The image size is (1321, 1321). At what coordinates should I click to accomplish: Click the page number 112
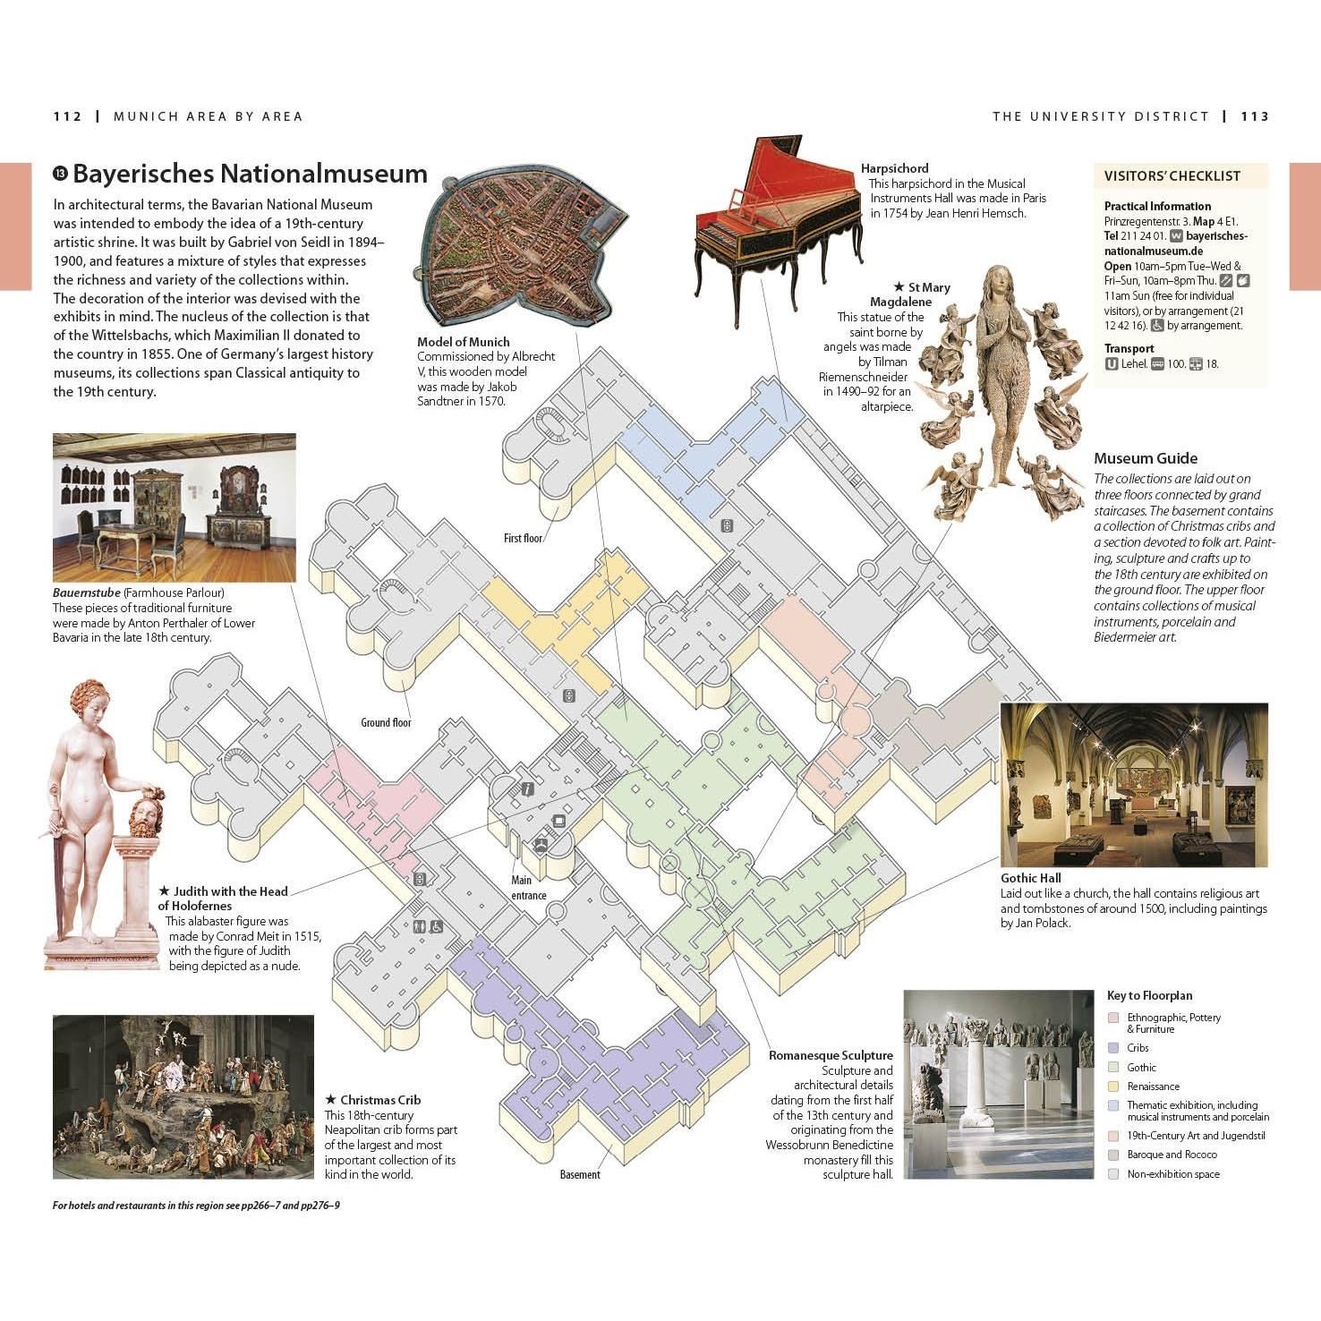(x=67, y=116)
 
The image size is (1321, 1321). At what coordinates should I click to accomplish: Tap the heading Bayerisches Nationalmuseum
(x=250, y=174)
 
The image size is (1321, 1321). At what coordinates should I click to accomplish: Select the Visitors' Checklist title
(x=1172, y=176)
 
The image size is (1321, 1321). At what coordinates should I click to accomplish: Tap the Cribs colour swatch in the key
(x=1113, y=1048)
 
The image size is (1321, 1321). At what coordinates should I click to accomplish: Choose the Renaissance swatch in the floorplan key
(x=1113, y=1087)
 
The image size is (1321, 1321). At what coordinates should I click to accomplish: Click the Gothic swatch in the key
(x=1113, y=1067)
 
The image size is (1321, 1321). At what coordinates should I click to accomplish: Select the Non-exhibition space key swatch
(x=1113, y=1174)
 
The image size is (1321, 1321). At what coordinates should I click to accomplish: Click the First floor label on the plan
(x=523, y=539)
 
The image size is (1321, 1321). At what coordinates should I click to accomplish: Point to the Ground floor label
(x=386, y=723)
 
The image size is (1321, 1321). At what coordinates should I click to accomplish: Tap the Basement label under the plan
(x=580, y=1175)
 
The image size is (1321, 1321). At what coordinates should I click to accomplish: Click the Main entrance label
(x=528, y=888)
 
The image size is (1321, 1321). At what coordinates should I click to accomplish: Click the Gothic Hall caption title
(x=1030, y=879)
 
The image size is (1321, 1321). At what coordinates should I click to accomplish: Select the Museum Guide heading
(x=1146, y=458)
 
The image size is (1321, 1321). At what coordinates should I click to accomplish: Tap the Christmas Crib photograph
(x=183, y=1097)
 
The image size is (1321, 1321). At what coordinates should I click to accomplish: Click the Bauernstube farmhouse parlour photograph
(x=175, y=508)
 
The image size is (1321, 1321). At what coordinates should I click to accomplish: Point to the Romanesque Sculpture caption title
(x=831, y=1056)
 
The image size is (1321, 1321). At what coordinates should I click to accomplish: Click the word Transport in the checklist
(x=1129, y=349)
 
